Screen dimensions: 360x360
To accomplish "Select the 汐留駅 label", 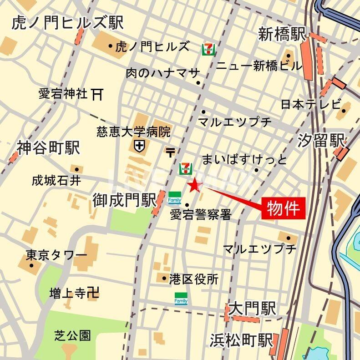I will pyautogui.click(x=321, y=141).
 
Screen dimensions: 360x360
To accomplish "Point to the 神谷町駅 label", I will pyautogui.click(x=48, y=147).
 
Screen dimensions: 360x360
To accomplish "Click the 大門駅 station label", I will pyautogui.click(x=252, y=309).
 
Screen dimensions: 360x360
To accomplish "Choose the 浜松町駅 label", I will pyautogui.click(x=241, y=340).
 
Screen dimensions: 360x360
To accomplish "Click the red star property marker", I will pyautogui.click(x=195, y=185).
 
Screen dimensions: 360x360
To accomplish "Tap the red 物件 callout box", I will pyautogui.click(x=283, y=208).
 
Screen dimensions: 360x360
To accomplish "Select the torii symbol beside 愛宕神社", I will pyautogui.click(x=97, y=94).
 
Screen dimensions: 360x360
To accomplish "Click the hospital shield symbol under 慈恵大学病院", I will pyautogui.click(x=139, y=146).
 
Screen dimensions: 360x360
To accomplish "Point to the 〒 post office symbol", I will pyautogui.click(x=170, y=152).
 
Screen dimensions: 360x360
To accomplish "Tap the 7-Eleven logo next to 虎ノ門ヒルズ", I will pyautogui.click(x=208, y=49).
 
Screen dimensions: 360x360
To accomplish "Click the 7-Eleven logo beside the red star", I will pyautogui.click(x=185, y=168).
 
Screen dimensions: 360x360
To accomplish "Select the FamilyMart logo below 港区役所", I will pyautogui.click(x=181, y=298).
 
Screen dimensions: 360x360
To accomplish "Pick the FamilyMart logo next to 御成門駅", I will pyautogui.click(x=175, y=198).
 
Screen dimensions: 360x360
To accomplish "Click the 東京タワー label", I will pyautogui.click(x=50, y=254).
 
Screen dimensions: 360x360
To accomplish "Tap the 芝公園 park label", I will pyautogui.click(x=72, y=336).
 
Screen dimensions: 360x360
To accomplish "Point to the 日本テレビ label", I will pyautogui.click(x=310, y=104).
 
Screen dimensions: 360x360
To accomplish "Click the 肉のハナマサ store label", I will pyautogui.click(x=162, y=72).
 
